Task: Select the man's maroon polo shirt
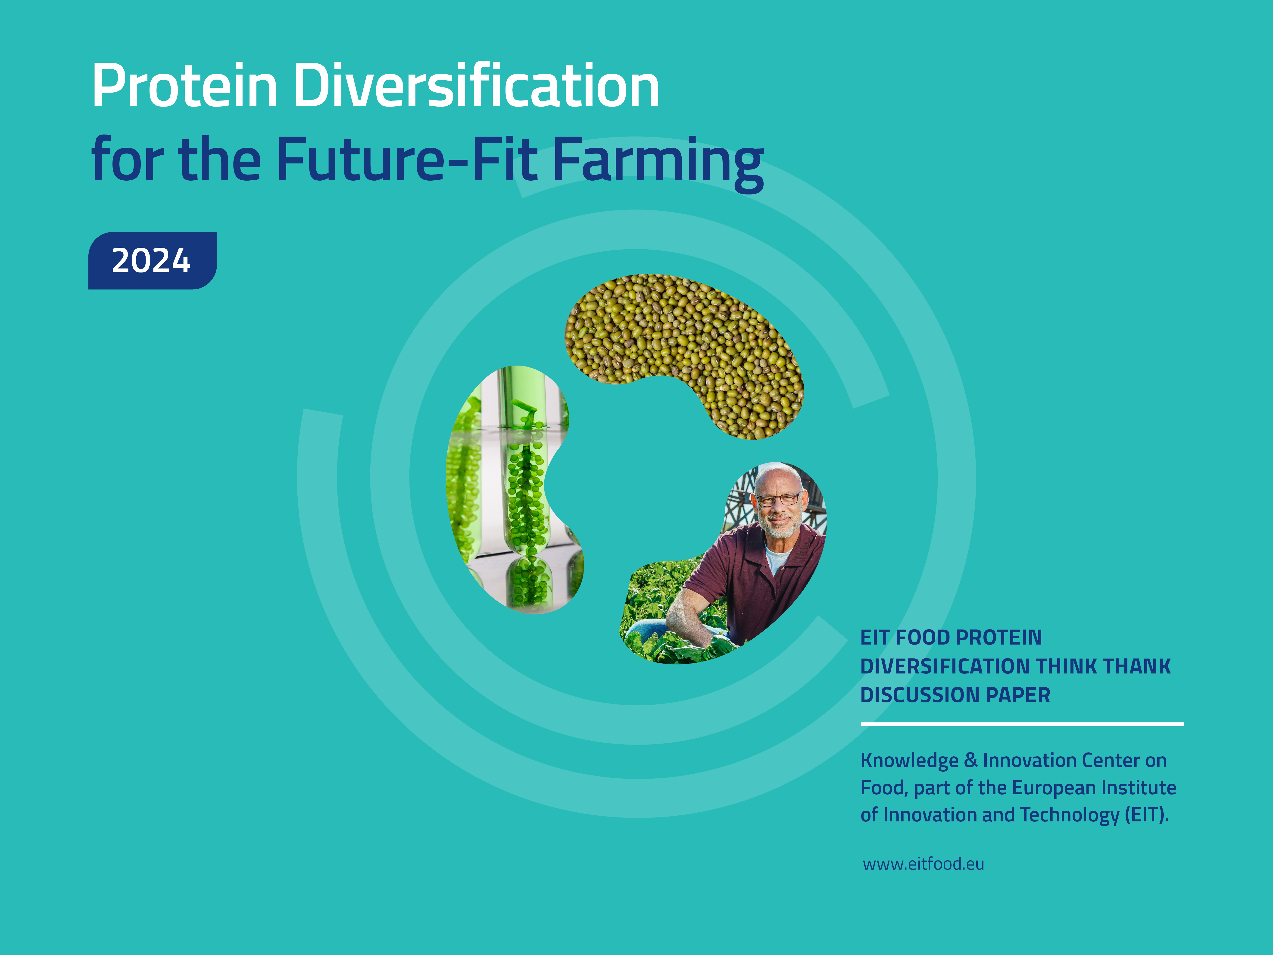pos(754,581)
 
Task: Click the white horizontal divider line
pos(1022,724)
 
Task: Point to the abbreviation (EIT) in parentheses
pos(1146,815)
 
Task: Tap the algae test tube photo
pos(515,489)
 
